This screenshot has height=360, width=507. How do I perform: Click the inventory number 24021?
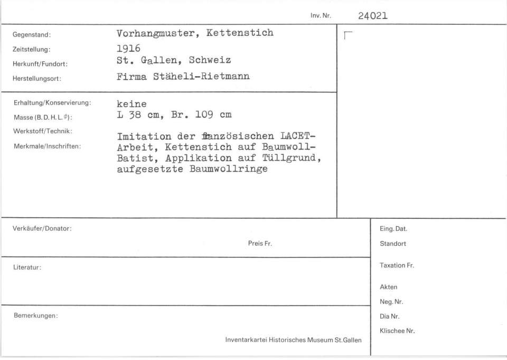[372, 16]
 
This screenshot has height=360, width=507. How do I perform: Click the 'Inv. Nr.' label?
[321, 16]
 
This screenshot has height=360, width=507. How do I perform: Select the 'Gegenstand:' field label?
[32, 35]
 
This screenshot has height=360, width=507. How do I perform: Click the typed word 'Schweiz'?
[210, 60]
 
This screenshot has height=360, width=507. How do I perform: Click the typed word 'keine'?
[132, 104]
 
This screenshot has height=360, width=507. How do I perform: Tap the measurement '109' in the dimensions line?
[204, 114]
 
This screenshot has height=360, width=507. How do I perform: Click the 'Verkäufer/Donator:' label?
[42, 228]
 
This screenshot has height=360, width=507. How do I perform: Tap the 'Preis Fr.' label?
[260, 244]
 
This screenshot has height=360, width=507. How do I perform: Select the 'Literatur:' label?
[27, 267]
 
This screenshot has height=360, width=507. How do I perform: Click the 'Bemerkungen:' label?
[35, 316]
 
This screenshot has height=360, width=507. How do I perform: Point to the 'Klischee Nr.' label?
[397, 331]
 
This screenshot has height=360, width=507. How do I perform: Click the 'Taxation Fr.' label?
[397, 265]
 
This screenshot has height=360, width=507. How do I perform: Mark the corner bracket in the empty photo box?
[347, 36]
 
